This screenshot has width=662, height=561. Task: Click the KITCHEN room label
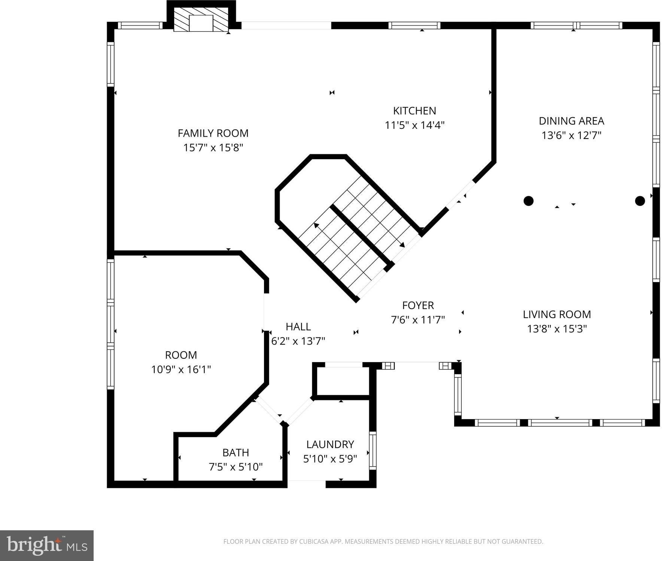414,111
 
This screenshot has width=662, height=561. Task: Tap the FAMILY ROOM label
213,133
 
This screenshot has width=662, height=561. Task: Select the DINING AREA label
571,121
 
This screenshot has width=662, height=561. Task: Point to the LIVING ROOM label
557,314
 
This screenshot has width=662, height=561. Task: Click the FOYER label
418,305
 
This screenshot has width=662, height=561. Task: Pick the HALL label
298,327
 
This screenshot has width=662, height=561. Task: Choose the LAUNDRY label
330,444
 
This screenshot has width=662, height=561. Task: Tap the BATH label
236,452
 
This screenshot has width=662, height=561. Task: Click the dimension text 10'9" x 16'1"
181,370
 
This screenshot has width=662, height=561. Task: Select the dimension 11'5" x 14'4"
414,125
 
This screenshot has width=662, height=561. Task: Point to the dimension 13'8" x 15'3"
557,329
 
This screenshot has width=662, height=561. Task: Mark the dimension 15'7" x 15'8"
213,148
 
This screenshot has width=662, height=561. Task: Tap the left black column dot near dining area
528,201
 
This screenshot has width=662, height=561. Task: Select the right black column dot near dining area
640,201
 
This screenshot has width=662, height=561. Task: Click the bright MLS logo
47,545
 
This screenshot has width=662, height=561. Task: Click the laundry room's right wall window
373,451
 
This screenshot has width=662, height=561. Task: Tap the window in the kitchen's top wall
414,25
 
